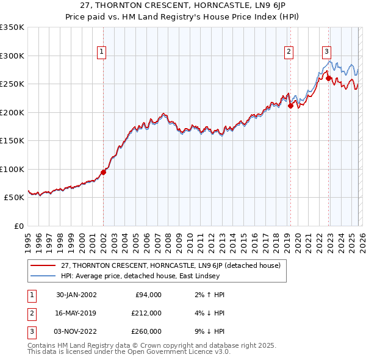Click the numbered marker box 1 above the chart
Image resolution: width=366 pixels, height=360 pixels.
101,52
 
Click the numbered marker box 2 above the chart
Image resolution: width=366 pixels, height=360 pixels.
288,52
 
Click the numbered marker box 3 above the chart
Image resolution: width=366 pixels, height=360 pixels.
326,52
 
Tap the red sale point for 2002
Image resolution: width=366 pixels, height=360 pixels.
103,172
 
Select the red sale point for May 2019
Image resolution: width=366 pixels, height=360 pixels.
290,106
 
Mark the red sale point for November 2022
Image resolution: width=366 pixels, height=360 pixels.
328,78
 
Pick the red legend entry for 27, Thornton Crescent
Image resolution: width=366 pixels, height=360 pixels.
170,265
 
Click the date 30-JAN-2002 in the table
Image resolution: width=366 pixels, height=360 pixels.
76,295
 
